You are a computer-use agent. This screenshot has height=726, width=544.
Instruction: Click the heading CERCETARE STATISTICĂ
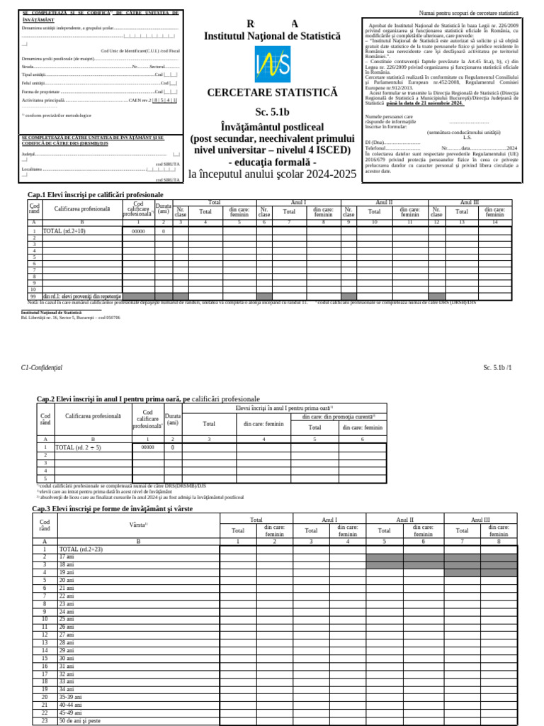pyautogui.click(x=273, y=93)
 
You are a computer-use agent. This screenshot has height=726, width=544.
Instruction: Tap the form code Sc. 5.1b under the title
pyautogui.click(x=273, y=112)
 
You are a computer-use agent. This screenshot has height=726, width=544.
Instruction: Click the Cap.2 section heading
pyautogui.click(x=148, y=399)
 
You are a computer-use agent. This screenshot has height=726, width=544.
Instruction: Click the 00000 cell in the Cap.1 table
pyautogui.click(x=138, y=231)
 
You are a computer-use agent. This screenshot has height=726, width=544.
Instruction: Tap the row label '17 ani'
pyautogui.click(x=67, y=557)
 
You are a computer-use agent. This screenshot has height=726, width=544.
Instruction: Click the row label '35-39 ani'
pyautogui.click(x=70, y=697)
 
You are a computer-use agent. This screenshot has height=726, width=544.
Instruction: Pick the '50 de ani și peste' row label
pyautogui.click(x=79, y=720)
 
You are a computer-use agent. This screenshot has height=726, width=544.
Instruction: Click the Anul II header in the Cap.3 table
pyautogui.click(x=404, y=520)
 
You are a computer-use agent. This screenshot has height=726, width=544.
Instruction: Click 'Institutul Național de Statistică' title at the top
pyautogui.click(x=272, y=35)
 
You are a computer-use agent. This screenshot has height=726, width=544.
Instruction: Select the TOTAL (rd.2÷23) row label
pyautogui.click(x=81, y=549)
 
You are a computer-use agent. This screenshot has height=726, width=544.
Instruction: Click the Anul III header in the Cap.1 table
pyautogui.click(x=470, y=202)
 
